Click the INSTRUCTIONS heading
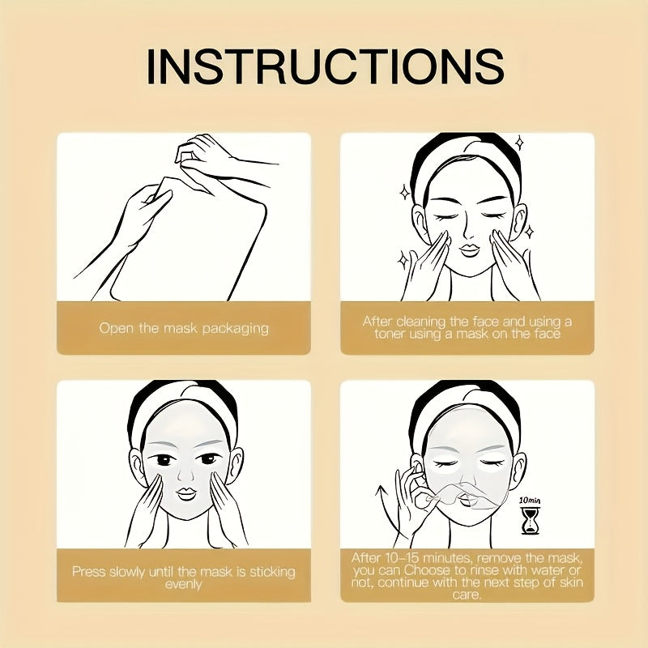pyautogui.click(x=324, y=66)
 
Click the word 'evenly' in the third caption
pyautogui.click(x=184, y=584)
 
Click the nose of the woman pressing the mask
pyautogui.click(x=184, y=470)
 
